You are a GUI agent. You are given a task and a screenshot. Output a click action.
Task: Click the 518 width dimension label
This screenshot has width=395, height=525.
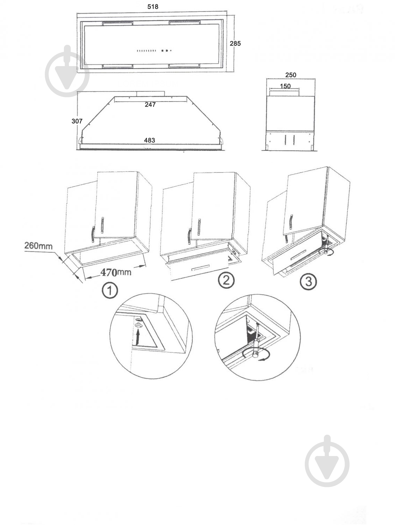(153, 7)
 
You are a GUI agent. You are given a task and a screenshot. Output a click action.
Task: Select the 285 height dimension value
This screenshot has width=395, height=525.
(235, 43)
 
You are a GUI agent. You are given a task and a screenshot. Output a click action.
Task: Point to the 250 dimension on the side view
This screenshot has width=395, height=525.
(291, 75)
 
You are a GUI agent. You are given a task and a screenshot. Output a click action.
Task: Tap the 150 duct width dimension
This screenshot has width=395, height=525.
(285, 86)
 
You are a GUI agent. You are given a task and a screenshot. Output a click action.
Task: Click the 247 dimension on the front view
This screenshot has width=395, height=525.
(150, 105)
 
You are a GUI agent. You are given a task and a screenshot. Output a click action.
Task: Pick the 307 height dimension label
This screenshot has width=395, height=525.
(77, 121)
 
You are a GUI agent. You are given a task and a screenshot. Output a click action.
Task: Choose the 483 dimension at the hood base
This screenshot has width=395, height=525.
(149, 140)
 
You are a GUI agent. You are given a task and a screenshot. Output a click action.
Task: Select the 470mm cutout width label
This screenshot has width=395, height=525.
(116, 272)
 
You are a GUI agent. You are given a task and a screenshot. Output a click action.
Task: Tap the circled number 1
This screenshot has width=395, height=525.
(110, 290)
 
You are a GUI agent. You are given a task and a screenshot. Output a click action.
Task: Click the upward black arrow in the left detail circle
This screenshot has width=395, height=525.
(137, 337)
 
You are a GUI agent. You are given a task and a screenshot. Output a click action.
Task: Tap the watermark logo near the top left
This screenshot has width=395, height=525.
(67, 71)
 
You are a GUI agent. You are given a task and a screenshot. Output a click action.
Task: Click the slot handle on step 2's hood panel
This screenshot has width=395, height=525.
(200, 268)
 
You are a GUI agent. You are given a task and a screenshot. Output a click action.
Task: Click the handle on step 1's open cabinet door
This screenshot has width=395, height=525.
(103, 225)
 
